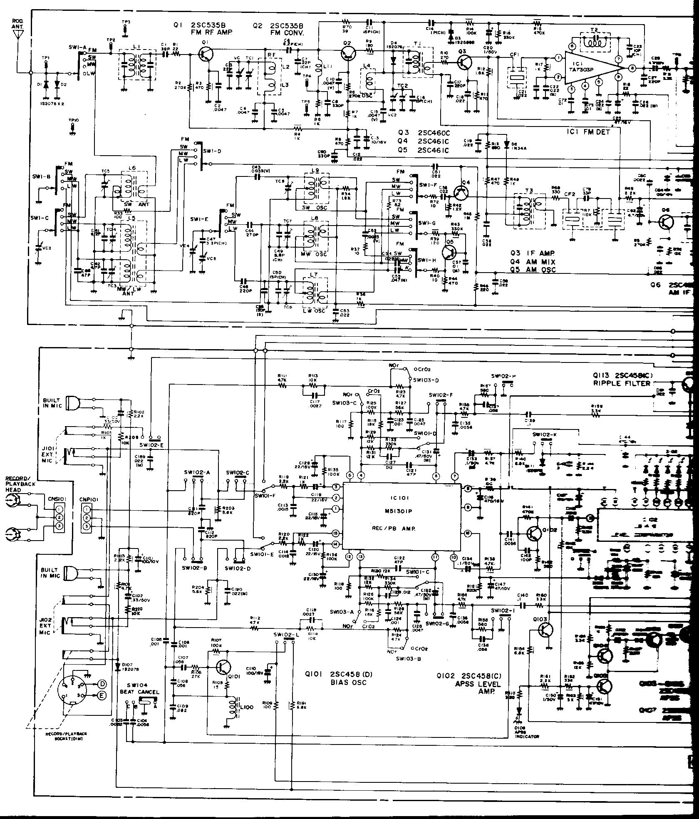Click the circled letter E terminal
pyautogui.click(x=102, y=695)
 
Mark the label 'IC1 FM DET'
pyautogui.click(x=588, y=132)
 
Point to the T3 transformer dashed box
pyautogui.click(x=529, y=211)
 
